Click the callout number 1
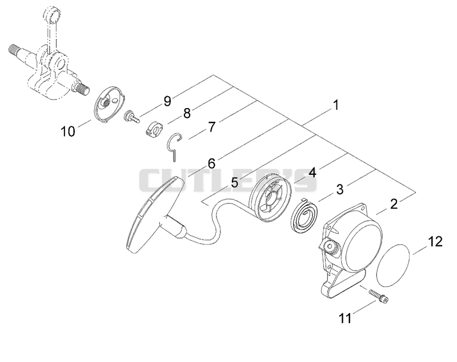click(336, 105)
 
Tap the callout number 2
click(394, 204)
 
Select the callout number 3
click(340, 189)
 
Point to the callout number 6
click(211, 164)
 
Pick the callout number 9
click(167, 101)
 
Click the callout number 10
click(67, 132)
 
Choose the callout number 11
click(346, 318)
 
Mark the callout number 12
click(435, 241)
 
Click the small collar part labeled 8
click(154, 128)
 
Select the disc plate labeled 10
click(109, 106)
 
